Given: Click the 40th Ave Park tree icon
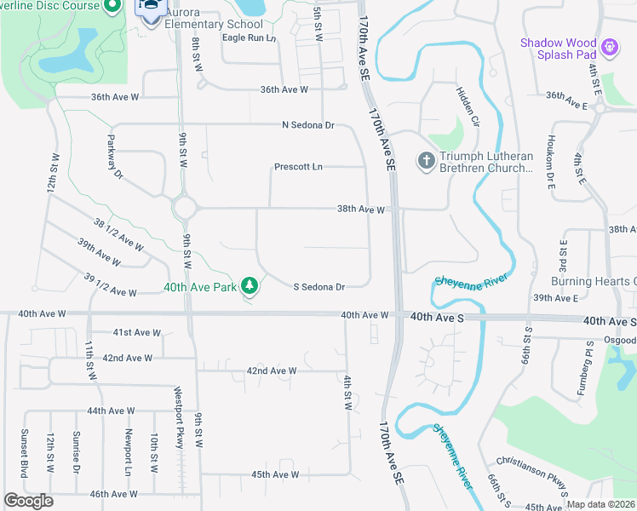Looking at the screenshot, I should [x=249, y=286].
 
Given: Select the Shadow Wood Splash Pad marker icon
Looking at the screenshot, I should [x=609, y=46].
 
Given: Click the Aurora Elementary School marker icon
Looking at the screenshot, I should [x=151, y=10].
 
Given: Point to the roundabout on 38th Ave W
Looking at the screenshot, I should [x=184, y=207].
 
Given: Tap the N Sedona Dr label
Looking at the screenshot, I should [x=308, y=125].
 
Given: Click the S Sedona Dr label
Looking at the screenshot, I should [x=318, y=288].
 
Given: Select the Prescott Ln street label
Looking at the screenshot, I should [x=298, y=167].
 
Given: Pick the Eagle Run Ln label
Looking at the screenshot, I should [x=249, y=38].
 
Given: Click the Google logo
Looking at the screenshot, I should [x=28, y=501].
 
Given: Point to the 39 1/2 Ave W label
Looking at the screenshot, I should [x=111, y=285].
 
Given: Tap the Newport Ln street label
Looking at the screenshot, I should [x=129, y=452].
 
